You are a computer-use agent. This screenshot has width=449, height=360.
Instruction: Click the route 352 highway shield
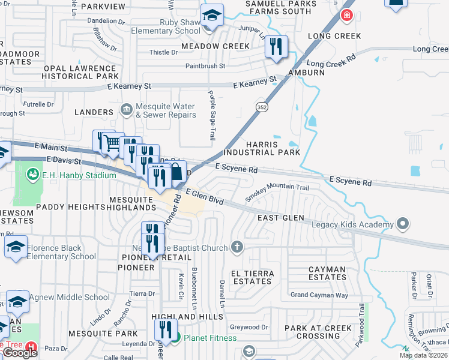tap(262, 107)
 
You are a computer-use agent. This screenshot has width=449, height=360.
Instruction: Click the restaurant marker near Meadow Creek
tap(276, 47)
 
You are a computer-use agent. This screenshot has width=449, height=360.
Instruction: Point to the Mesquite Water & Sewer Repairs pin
tap(126, 109)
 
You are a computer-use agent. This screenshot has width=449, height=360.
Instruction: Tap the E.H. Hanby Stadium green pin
tap(32, 175)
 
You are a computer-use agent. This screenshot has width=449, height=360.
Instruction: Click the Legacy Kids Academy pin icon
tap(402, 225)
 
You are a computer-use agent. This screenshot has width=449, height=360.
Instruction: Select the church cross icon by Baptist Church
tap(237, 247)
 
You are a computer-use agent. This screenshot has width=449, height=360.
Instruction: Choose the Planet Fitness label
tap(212, 337)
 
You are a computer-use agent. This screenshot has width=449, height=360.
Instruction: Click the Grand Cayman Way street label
tap(319, 295)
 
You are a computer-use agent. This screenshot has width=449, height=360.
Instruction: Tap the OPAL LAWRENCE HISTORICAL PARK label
tap(80, 72)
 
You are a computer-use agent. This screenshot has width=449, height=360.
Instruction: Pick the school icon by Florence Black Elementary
tap(16, 247)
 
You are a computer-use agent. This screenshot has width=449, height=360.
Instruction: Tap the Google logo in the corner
tap(20, 353)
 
